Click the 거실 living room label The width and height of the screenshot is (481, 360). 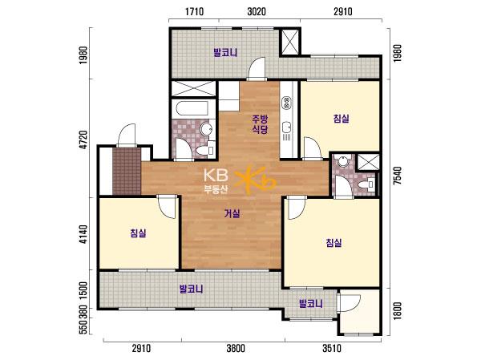pyautogui.click(x=232, y=213)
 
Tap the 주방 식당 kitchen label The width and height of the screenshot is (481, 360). pyautogui.click(x=260, y=124)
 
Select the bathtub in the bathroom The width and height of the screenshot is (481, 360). pyautogui.click(x=192, y=108)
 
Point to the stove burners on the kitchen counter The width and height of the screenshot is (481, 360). pyautogui.click(x=287, y=103)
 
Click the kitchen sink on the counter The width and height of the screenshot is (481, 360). pyautogui.click(x=287, y=127)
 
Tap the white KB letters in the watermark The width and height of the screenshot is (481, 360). pyautogui.click(x=216, y=176)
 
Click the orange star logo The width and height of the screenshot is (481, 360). pyautogui.click(x=255, y=180)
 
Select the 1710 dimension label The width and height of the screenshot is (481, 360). pyautogui.click(x=195, y=12)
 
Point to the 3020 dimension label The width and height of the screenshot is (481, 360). pyautogui.click(x=257, y=12)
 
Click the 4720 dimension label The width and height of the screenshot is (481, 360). pyautogui.click(x=83, y=140)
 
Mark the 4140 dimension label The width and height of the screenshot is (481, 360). pyautogui.click(x=83, y=235)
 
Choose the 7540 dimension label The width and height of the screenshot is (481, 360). pyautogui.click(x=398, y=176)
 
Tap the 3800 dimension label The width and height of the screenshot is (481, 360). pyautogui.click(x=236, y=348)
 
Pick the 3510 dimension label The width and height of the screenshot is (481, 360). pyautogui.click(x=332, y=348)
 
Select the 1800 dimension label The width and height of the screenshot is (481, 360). pyautogui.click(x=398, y=310)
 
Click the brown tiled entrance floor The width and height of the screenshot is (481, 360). pyautogui.click(x=127, y=171)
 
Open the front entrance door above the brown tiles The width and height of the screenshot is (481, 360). pyautogui.click(x=127, y=135)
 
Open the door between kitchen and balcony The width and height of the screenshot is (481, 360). pyautogui.click(x=257, y=69)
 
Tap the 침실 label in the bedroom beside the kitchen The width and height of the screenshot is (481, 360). pyautogui.click(x=342, y=119)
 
